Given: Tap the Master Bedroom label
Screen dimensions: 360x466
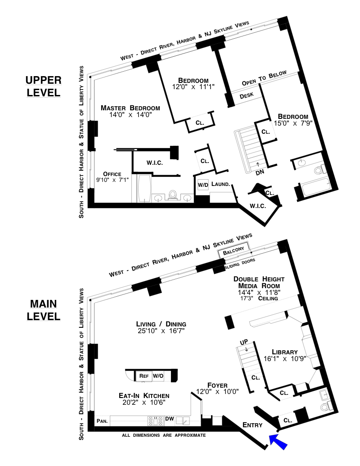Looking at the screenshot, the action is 130,108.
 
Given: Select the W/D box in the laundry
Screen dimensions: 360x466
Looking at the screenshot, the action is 203,185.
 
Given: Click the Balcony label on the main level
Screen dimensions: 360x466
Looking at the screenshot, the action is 234,253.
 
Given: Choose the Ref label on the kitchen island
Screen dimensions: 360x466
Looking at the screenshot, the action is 144,376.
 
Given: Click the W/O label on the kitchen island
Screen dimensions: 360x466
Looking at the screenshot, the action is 158,376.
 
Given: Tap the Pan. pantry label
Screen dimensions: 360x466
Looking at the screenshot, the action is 102,421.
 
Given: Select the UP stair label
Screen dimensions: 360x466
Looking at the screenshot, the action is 244,343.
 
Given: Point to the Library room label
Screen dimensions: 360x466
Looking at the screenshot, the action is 285,352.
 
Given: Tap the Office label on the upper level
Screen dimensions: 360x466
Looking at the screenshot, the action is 112,174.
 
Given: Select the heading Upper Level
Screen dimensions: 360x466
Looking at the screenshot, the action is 43,86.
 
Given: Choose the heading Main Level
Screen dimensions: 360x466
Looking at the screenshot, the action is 43,310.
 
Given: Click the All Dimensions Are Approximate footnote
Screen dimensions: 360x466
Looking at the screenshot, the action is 164,435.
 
